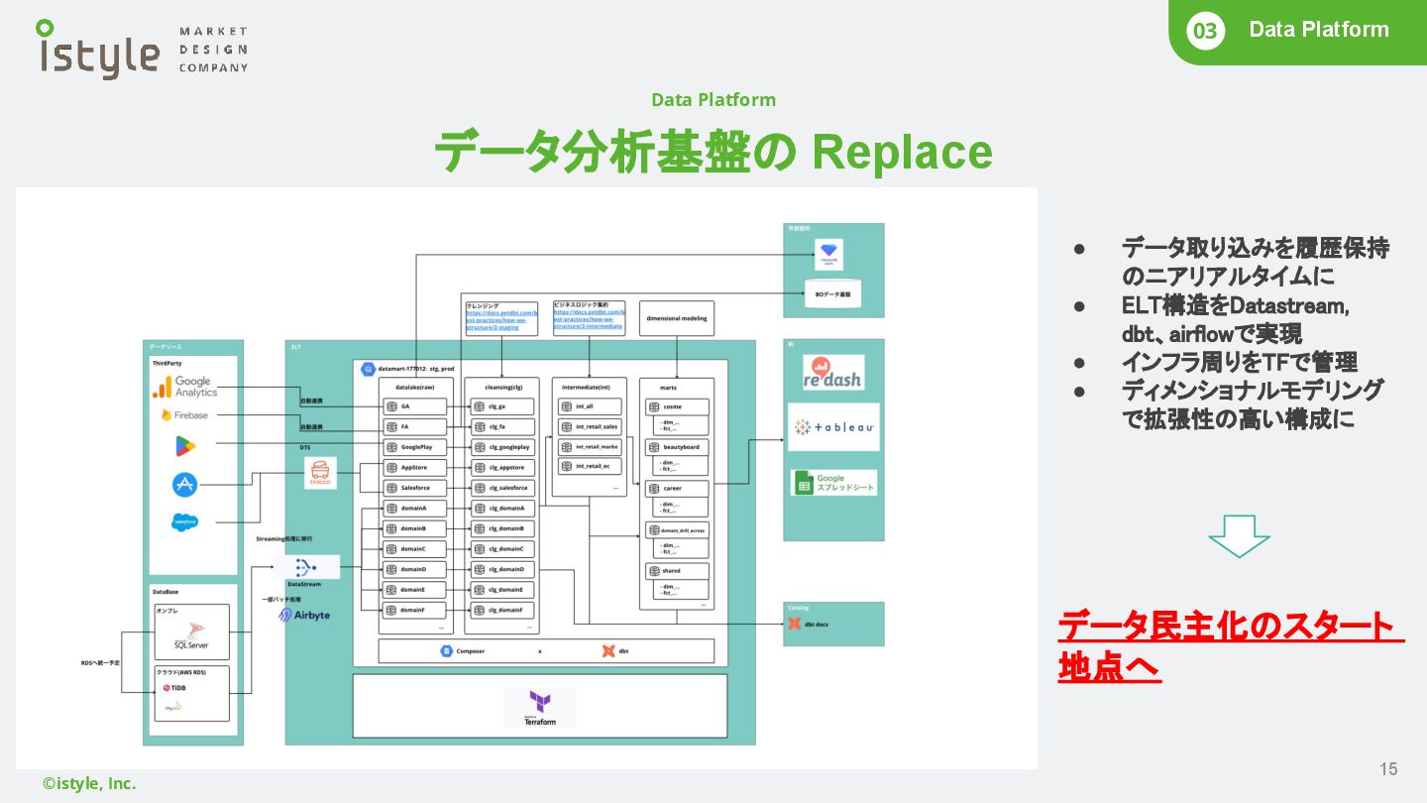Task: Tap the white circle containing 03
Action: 1204,31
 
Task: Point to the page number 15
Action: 1388,769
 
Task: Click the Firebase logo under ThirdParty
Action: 185,415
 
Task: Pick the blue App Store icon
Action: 185,484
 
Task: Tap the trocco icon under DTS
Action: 320,473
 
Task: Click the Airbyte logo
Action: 304,616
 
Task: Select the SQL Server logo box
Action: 191,632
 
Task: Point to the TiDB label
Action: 174,687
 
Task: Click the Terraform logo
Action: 540,708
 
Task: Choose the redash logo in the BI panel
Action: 832,373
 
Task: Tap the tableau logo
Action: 833,427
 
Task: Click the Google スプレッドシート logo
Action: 833,483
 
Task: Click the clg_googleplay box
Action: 501,447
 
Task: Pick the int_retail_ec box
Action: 590,466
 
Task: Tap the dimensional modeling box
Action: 676,319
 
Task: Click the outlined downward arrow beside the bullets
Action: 1239,535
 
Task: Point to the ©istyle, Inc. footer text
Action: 89,783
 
